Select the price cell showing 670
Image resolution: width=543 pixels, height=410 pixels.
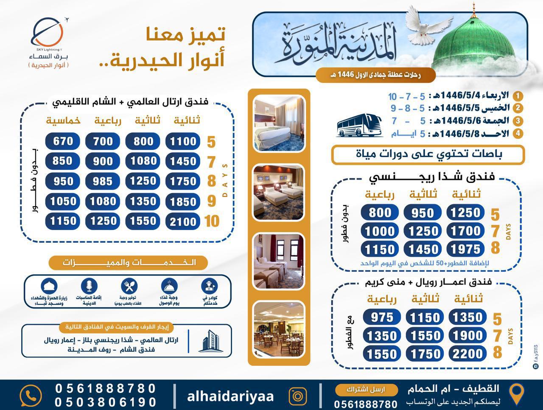coord(63,141)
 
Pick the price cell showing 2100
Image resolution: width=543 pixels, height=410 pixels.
coord(183,221)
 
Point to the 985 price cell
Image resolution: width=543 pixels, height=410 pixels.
coord(103,181)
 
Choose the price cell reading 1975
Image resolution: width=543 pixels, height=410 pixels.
coord(465,249)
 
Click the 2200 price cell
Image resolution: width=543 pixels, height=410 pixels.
coord(467,354)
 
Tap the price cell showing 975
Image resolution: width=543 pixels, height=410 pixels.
coord(382,317)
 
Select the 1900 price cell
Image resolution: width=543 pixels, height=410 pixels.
coord(467,335)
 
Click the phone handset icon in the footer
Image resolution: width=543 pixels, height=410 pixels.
coord(31,396)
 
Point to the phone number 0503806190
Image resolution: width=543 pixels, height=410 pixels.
coord(106,402)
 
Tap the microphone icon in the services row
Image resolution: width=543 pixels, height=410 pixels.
coord(89,286)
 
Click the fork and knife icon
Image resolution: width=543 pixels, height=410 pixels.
coord(129,286)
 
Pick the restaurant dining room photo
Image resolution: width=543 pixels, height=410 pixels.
coord(279,329)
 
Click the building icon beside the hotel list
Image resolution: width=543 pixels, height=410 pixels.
coord(210,341)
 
